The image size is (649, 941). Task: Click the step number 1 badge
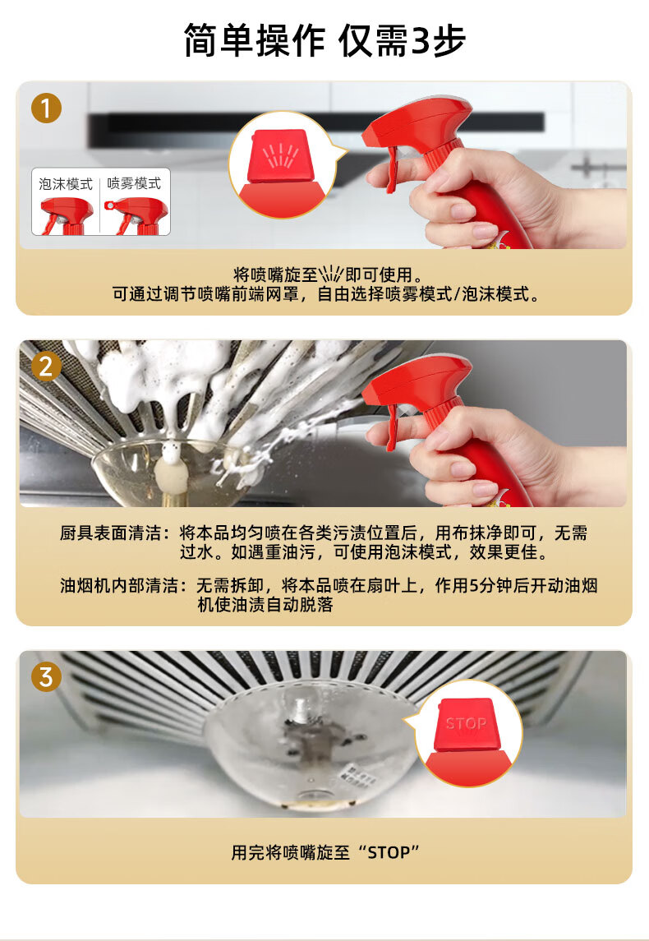coord(46,108)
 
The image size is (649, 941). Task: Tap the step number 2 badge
coord(46,367)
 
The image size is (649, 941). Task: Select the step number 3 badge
coord(46,677)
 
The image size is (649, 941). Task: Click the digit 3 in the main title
coord(421,41)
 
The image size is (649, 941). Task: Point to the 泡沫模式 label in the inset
coord(66,184)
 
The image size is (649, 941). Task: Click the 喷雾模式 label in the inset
coord(134,184)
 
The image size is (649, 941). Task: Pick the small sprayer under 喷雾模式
coord(136,215)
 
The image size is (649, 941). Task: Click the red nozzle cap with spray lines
coord(281,155)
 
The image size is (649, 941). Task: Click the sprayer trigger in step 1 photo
coord(392,168)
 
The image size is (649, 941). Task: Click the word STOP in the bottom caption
coord(388,853)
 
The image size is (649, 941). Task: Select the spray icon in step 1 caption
coord(330,274)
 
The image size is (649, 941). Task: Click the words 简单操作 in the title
coord(255,41)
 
